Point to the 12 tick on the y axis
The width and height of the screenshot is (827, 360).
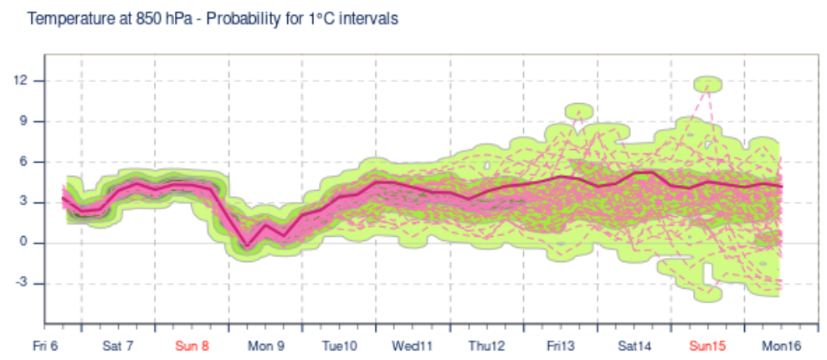point(20,80)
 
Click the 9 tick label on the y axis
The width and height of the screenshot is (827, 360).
point(23,121)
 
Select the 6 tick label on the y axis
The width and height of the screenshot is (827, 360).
point(23,162)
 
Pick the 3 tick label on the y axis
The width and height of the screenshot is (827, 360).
point(23,202)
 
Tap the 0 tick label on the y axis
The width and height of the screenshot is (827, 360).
point(23,243)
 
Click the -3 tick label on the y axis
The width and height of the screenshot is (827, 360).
point(21,283)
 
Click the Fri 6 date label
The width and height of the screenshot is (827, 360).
point(46,346)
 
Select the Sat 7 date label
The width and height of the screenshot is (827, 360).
point(118,346)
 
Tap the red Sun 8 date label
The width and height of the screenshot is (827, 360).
point(192,346)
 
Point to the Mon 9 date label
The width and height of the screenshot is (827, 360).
point(266,346)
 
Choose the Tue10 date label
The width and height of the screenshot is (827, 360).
point(340,346)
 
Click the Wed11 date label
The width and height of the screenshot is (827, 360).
point(413,346)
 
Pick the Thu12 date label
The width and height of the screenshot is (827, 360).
point(486,346)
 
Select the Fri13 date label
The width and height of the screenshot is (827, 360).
point(560,346)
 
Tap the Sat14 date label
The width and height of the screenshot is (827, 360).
point(634,346)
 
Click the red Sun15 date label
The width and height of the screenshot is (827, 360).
point(707,346)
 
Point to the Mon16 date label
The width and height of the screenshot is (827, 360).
point(781,346)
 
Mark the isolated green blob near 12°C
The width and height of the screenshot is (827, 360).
point(708,83)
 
